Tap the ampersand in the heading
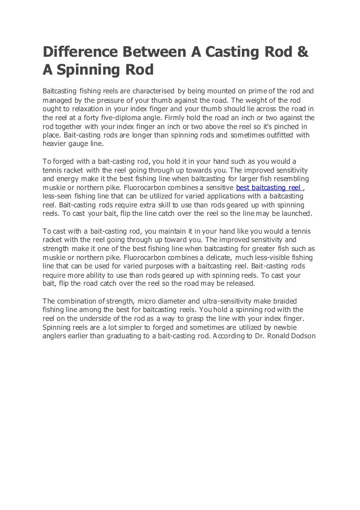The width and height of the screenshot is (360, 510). click(302, 53)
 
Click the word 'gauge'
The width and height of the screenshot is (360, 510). click(82, 144)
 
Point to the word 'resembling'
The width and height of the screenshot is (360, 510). click(293, 179)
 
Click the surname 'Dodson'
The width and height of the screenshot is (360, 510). click(300, 336)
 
